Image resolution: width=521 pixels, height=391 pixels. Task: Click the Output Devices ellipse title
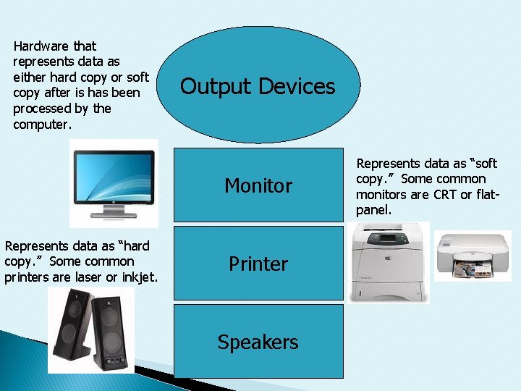tap(258, 87)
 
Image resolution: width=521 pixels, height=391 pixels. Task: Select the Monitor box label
tap(258, 186)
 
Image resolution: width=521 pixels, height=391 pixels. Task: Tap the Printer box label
tap(258, 264)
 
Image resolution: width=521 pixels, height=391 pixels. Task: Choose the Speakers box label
tap(258, 342)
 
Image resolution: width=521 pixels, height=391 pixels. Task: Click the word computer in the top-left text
tap(42, 124)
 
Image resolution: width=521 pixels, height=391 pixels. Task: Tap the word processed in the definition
tap(43, 109)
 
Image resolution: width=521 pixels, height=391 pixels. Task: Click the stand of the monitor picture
tap(114, 211)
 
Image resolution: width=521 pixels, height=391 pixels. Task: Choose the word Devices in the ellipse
tap(297, 87)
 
